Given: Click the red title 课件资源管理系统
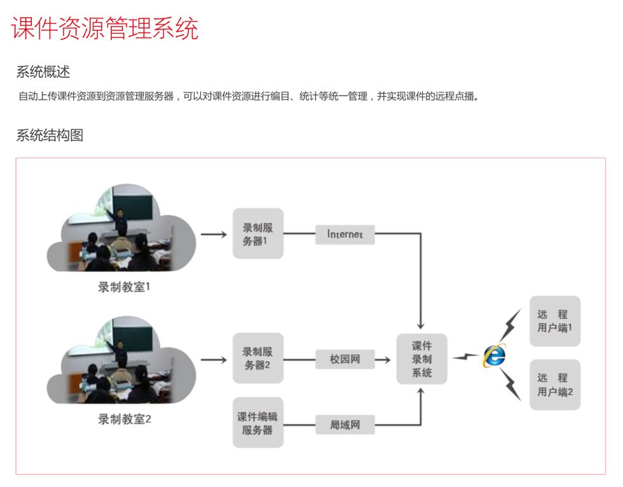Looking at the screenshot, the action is [x=105, y=28].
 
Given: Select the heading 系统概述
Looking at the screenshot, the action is [x=43, y=72].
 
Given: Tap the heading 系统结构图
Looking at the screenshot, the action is [x=50, y=135].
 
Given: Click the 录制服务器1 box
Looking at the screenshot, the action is [x=258, y=234].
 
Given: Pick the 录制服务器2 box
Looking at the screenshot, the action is [x=258, y=358].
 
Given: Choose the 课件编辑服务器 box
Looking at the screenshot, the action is [x=258, y=423].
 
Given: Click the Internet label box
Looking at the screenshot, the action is [x=345, y=234].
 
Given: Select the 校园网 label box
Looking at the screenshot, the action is [x=345, y=359].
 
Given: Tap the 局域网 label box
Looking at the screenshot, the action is [x=345, y=425].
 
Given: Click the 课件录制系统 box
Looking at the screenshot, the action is [x=421, y=359].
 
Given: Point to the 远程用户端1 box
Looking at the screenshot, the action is [x=554, y=321].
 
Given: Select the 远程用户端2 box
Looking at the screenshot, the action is [x=554, y=385].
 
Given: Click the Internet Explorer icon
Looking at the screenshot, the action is [x=495, y=355].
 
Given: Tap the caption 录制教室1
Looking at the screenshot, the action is [x=124, y=287].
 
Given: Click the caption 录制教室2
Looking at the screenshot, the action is [x=125, y=419].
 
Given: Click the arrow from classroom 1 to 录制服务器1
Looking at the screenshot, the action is [x=214, y=234].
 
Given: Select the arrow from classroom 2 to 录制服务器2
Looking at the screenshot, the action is [x=214, y=360].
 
